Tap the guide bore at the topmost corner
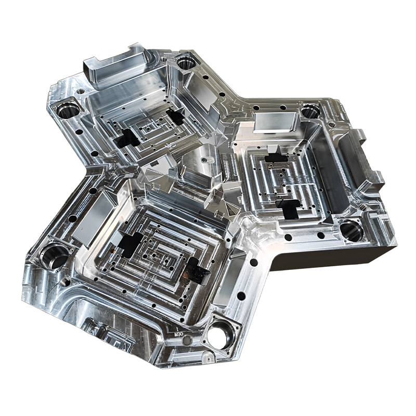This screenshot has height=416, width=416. pos(186,63)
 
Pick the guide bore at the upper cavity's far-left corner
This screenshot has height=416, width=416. pos(68,110)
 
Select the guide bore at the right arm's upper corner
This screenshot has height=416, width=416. pos(310,111)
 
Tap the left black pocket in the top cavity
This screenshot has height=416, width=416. pos(127,137)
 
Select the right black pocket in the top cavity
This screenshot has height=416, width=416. pos(175,118)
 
